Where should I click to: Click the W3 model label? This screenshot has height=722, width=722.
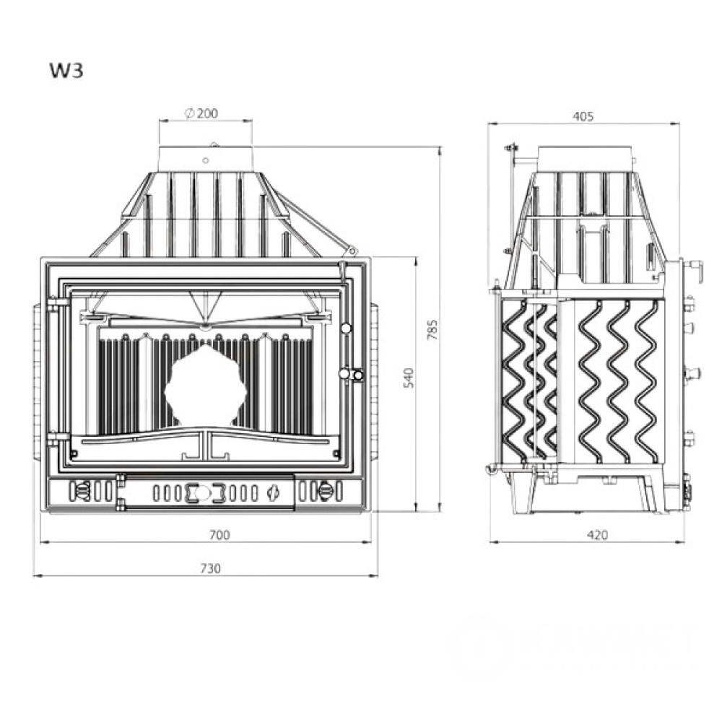pos(66,71)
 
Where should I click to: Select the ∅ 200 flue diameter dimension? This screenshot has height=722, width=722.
pos(201,113)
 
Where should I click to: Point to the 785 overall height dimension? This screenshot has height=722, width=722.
pos(432,329)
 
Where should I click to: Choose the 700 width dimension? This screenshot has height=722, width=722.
pos(219,534)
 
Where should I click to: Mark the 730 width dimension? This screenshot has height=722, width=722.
pos(210,568)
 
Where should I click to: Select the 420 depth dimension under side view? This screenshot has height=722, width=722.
pos(597,535)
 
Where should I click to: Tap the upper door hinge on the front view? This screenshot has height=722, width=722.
pos(55,305)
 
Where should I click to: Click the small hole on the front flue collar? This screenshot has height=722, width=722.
pos(206,160)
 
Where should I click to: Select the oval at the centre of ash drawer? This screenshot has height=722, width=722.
pos(206,492)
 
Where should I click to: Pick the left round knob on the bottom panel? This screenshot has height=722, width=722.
pos(82,492)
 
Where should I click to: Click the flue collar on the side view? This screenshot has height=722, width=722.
pos(586,158)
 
